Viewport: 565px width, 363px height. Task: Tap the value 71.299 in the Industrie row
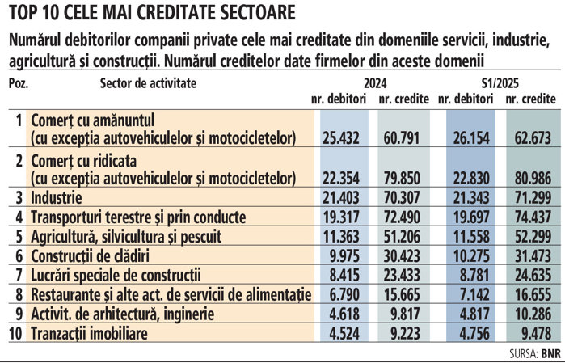[x=532, y=197]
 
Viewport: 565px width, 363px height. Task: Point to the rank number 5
[x=19, y=237]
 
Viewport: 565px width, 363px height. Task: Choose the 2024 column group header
[x=373, y=83]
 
